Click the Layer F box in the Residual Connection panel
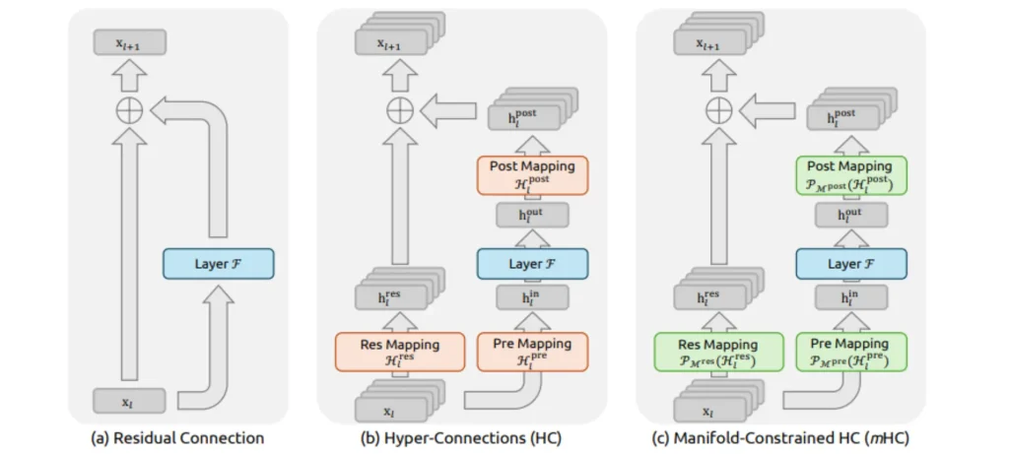pos(218,264)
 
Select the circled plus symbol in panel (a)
pos(130,110)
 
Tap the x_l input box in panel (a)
pos(130,401)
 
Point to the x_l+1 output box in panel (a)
pos(130,41)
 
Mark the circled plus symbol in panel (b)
pos(399,110)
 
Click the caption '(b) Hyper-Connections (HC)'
pos(461,437)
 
